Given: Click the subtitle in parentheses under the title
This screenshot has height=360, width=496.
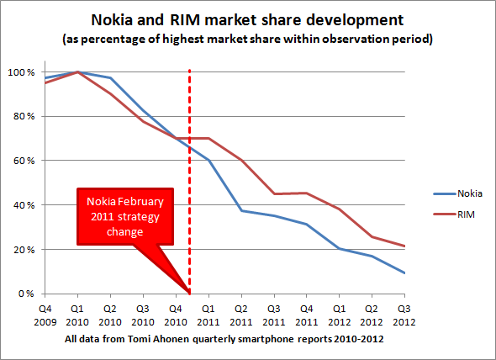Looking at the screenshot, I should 249,39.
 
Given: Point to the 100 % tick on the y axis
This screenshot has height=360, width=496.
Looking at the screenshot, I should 21,72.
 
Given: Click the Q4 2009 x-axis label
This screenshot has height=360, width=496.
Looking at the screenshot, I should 47,315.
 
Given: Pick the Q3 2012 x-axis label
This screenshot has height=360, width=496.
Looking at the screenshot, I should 404,315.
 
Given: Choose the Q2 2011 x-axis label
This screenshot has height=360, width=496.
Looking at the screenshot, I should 241,315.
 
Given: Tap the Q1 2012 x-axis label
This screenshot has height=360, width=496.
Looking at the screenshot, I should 339,315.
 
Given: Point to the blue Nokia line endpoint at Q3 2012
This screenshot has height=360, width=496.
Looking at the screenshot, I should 404,273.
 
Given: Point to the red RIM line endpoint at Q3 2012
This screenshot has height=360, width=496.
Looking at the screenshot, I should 404,246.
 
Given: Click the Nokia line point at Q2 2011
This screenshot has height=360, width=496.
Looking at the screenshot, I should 241,210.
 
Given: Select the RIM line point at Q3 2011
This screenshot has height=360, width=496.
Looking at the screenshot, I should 274,193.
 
